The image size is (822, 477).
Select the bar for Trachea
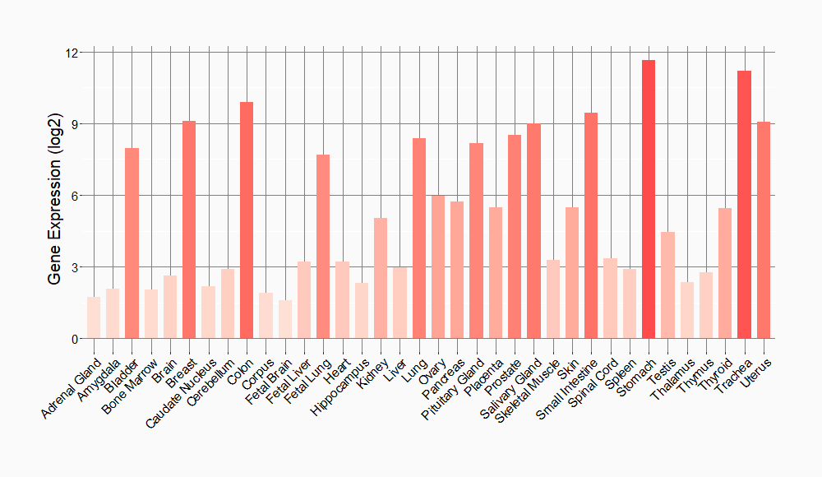tap(745, 205)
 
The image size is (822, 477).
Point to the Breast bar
tap(189, 230)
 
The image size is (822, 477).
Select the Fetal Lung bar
tap(323, 247)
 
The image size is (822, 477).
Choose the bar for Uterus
tap(764, 230)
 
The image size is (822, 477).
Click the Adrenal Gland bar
tap(94, 317)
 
